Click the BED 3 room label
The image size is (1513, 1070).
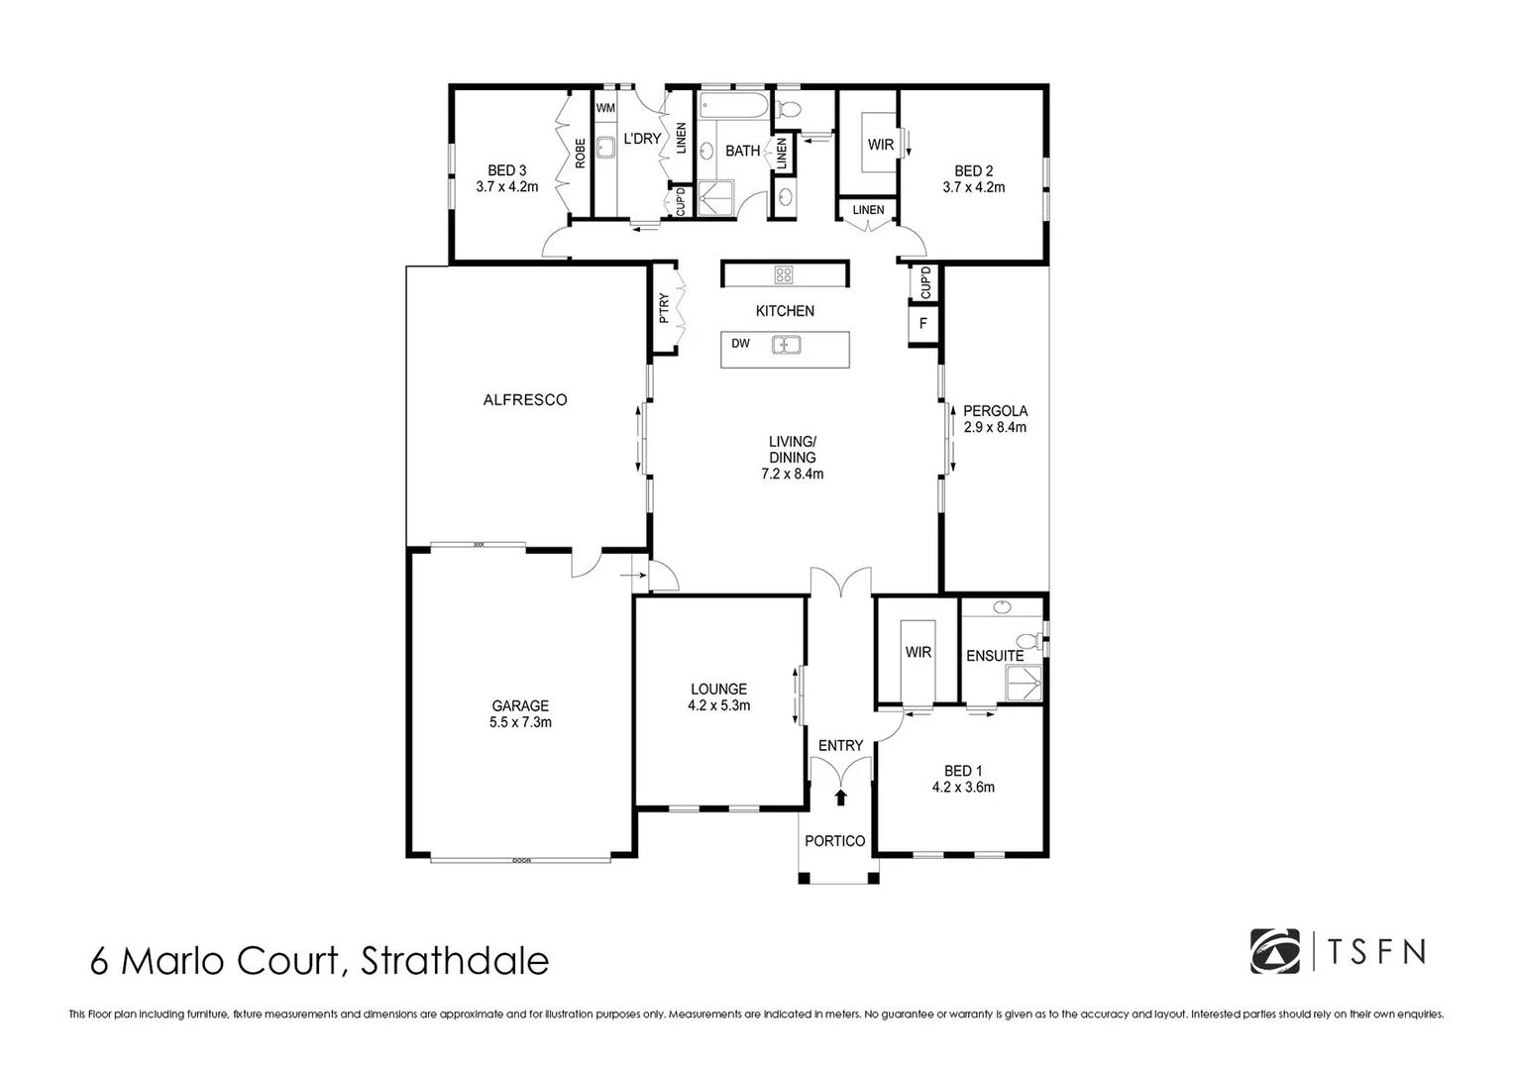coord(506,178)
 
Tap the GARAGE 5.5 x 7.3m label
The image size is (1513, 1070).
coord(520,713)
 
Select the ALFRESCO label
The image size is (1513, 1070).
coord(525,400)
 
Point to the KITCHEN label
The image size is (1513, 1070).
coord(785,311)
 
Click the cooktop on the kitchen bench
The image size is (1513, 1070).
coord(783,274)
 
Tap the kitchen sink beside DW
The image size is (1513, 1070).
coord(787,345)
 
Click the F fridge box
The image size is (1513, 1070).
coord(923,323)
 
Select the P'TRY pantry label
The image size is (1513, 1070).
coord(664,308)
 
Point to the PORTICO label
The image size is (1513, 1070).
coord(834,841)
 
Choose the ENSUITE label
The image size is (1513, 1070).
coord(995,656)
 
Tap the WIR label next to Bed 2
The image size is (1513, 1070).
coord(880,145)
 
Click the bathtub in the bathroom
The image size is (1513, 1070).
coord(731,106)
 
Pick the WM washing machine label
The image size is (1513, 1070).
coord(605,107)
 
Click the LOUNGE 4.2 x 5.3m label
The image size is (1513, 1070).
coord(718,697)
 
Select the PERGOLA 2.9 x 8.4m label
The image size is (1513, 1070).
coord(995,419)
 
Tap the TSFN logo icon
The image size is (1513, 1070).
coord(1274,951)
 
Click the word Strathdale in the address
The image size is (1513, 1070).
coord(455,961)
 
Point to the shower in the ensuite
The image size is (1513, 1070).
coord(1025,682)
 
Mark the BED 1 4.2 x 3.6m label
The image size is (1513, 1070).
coord(963,779)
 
